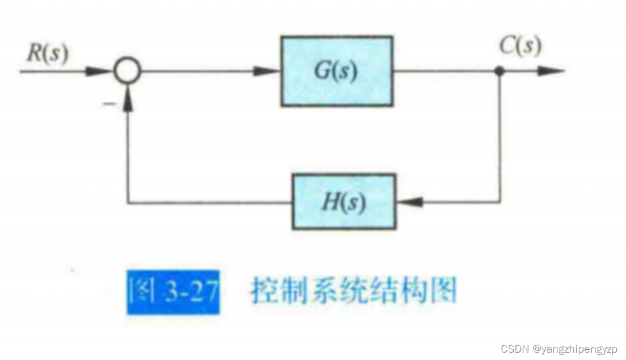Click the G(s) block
(336, 71)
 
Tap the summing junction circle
(125, 72)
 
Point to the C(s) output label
(519, 46)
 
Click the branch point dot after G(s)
(500, 71)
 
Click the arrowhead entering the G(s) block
(269, 71)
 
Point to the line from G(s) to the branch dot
(445, 71)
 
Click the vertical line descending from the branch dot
(500, 136)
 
